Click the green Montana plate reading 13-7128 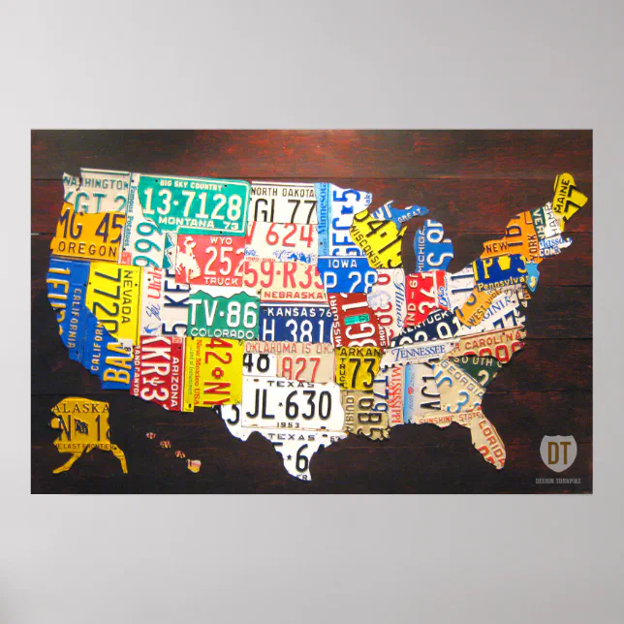pos(193,205)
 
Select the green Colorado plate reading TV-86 pos(224,313)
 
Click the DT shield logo pos(557,452)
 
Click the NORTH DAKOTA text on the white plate pos(283,191)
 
